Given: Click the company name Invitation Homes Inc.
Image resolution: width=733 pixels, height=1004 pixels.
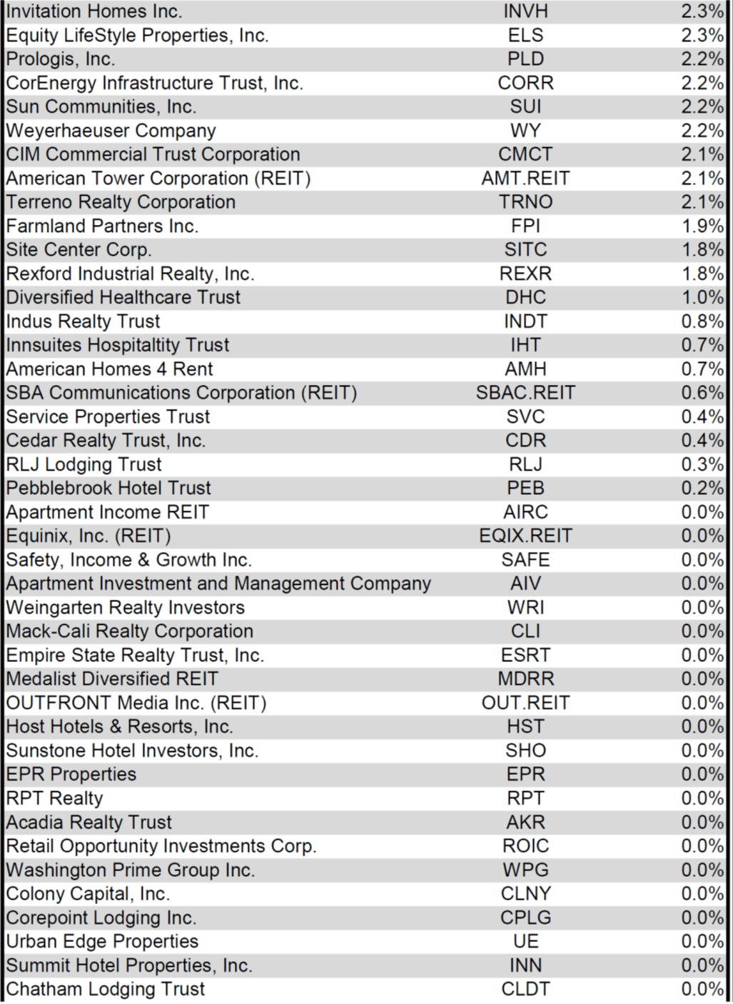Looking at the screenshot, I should coord(93,11).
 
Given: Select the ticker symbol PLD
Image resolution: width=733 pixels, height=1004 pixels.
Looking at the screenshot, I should coord(525,59).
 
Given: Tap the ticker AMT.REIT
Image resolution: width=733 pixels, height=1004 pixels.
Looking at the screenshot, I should coord(525,179).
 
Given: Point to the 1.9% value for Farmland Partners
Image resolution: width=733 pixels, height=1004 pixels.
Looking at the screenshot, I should coord(702,226).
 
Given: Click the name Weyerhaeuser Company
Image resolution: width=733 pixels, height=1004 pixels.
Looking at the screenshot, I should coord(111,131).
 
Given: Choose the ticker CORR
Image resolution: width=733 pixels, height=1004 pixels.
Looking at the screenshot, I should coord(525,83).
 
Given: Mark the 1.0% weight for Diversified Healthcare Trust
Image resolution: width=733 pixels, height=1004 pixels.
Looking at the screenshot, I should coord(702,298).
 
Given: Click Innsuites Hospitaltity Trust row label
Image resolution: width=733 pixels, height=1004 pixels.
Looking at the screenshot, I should coord(118,346).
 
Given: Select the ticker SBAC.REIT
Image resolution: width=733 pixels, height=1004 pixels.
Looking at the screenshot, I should coord(525,393).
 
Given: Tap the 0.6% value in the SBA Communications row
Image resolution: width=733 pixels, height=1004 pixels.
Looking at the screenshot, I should coord(702,393).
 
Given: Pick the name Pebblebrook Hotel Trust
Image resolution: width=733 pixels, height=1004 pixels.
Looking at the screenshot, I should coord(108,488).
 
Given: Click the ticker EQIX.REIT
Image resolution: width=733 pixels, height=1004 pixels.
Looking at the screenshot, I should coord(525,536).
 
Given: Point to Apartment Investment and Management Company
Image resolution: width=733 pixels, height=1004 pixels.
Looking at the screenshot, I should coord(218,584).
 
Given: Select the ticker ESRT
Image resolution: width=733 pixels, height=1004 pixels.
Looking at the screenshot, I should coord(525,656).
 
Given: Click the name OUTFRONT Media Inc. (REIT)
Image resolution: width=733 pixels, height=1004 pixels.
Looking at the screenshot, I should coord(136,703).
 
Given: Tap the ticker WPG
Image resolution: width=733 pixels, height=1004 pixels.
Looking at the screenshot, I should coord(525,870).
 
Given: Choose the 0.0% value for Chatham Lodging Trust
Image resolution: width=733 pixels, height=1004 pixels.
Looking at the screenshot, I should coord(702,990).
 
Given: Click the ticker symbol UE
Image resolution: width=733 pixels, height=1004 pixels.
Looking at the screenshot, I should coord(525,942).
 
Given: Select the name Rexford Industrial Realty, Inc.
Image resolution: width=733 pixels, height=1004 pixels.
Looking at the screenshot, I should coord(130,274).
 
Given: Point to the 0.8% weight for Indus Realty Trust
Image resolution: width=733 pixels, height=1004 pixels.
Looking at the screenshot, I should coord(702,322).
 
